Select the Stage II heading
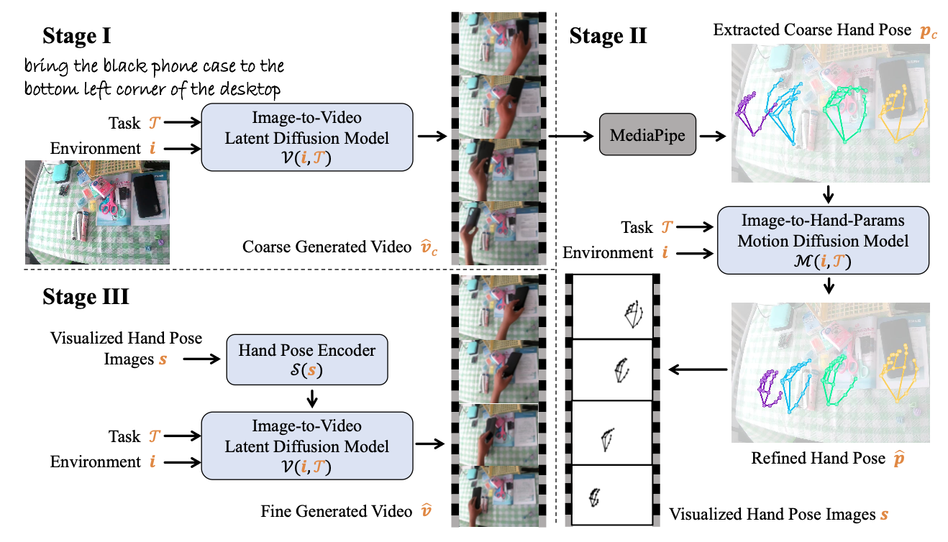pos(608,35)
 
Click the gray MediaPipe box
pos(647,134)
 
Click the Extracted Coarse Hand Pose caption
pos(816,31)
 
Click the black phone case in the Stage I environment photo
pos(146,194)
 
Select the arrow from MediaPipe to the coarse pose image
pos(712,134)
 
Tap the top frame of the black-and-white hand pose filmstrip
pos(611,307)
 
